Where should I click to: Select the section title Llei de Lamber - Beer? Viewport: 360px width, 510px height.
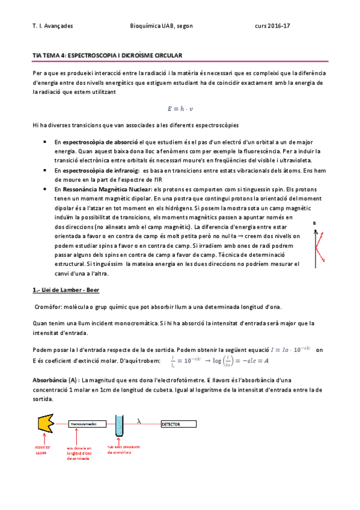coord(66,290)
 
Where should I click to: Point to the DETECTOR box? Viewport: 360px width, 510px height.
coord(179,424)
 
